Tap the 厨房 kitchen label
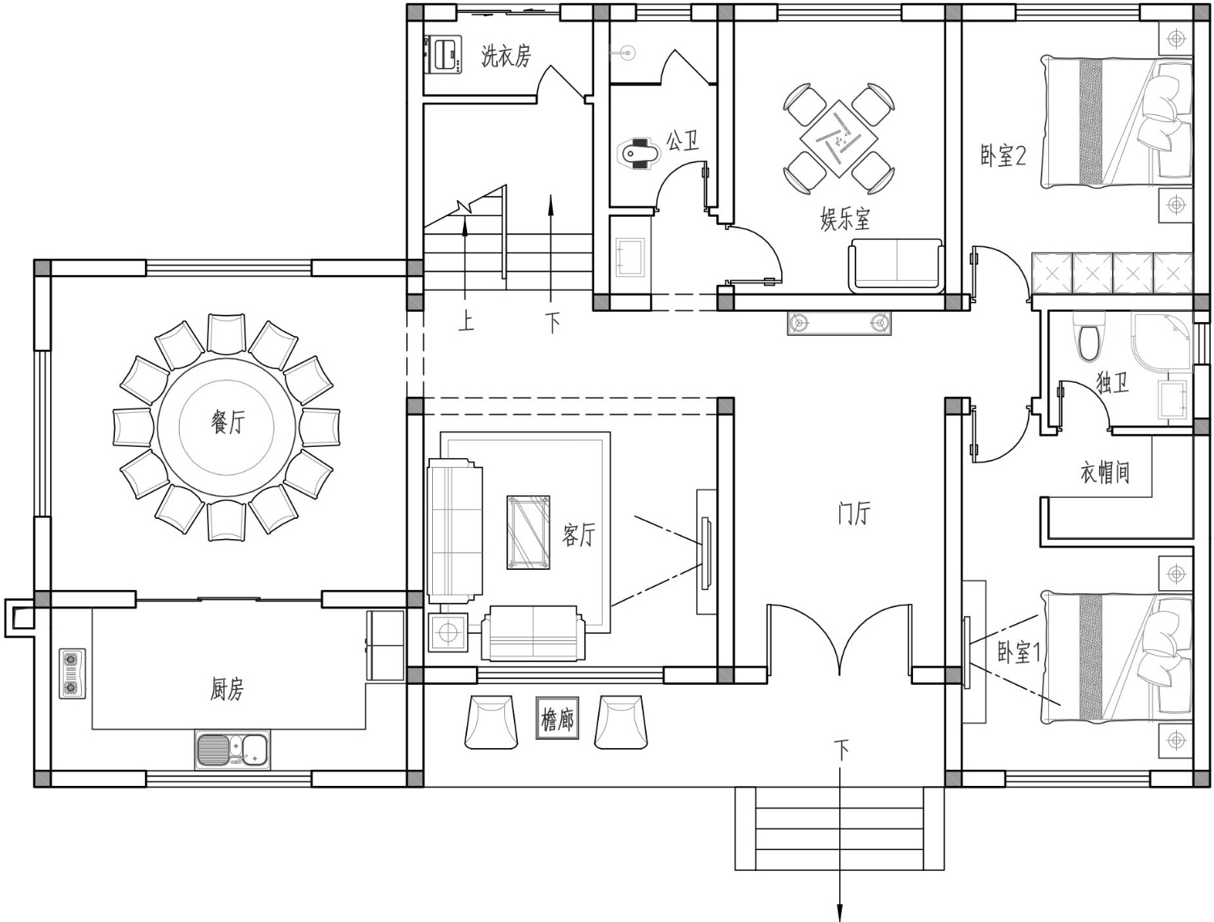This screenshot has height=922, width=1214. coord(227,689)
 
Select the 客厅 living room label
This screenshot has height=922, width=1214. coord(579,535)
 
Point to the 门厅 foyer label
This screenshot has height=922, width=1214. coord(854,513)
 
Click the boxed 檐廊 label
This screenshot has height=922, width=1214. coord(558,718)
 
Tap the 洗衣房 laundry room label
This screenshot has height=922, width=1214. coord(506,56)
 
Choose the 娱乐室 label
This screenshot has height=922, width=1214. coord(845,219)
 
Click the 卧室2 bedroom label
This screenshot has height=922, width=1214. coord(1004,156)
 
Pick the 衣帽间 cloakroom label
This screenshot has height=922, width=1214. coord(1105,473)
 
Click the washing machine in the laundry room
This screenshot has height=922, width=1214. coord(444,53)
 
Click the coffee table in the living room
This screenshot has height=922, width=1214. coord(528,532)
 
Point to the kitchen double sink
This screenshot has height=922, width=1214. coord(233,750)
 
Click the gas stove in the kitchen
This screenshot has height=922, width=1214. coord(73,673)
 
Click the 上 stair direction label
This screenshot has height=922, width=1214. coord(466,321)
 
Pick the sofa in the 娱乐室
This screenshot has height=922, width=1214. coord(896,265)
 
